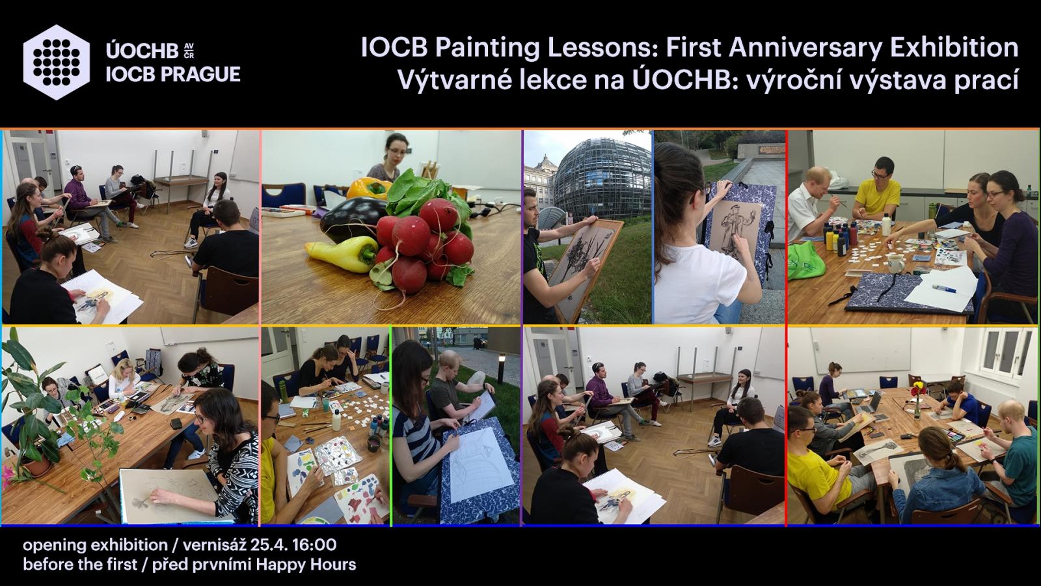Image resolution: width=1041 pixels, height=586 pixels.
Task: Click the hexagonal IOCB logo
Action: point(57,63)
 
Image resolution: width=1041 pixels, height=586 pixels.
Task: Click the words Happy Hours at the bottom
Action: point(306,565)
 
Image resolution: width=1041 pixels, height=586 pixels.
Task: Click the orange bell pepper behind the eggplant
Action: point(370,188)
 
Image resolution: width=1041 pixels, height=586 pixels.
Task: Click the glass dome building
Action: point(602,178)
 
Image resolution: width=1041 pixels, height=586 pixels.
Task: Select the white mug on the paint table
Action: point(895,264)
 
